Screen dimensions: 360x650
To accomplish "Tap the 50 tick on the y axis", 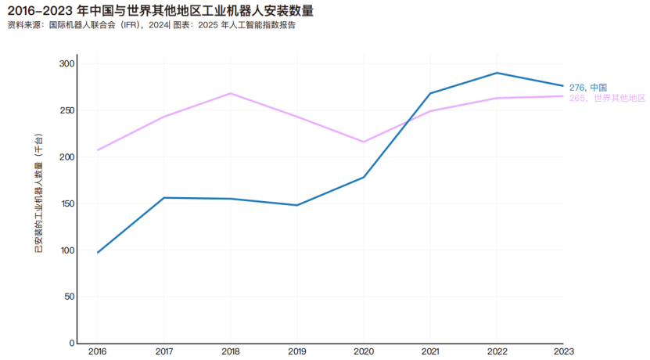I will pyautogui.click(x=69, y=297).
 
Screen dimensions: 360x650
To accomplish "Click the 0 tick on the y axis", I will pyautogui.click(x=71, y=343).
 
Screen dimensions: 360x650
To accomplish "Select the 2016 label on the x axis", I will pyautogui.click(x=97, y=351).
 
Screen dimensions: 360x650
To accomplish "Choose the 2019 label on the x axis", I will pyautogui.click(x=296, y=351).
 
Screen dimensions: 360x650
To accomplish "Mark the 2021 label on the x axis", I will pyautogui.click(x=429, y=351).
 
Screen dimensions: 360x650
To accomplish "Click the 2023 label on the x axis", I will pyautogui.click(x=563, y=351).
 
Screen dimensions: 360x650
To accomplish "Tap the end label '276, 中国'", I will pyautogui.click(x=588, y=87).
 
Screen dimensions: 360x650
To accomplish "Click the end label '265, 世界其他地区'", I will pyautogui.click(x=607, y=98).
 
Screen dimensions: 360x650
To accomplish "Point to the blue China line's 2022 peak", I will pyautogui.click(x=496, y=73).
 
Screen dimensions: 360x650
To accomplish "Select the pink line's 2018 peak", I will pyautogui.click(x=230, y=93).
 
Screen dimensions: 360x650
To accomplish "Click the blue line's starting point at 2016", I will pyautogui.click(x=97, y=253).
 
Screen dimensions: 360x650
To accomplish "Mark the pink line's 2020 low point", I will pyautogui.click(x=363, y=142).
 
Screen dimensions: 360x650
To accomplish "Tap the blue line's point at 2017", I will pyautogui.click(x=163, y=198).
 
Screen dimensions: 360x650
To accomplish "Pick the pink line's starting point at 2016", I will pyautogui.click(x=97, y=150).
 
